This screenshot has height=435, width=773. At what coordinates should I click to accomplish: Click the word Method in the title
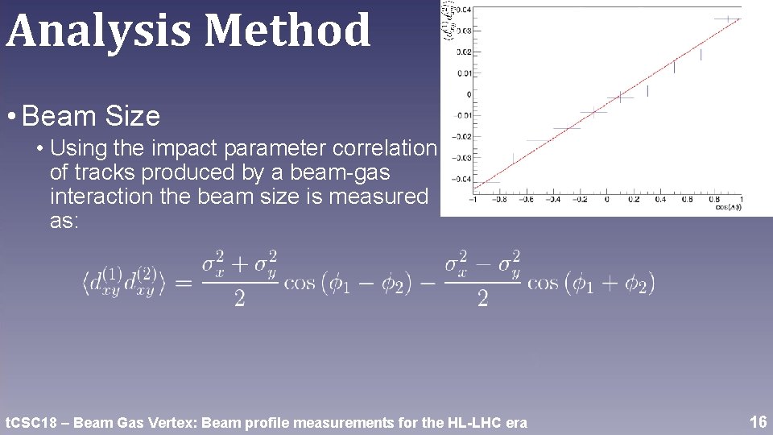click(287, 31)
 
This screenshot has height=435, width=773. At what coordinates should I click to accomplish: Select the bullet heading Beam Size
click(92, 117)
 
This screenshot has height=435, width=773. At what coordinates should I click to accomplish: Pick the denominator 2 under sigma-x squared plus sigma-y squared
click(239, 300)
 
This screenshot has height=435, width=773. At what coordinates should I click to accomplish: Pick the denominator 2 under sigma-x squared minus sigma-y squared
click(482, 300)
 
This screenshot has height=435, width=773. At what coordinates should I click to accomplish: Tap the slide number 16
click(758, 421)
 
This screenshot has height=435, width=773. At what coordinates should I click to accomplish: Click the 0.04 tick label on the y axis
click(465, 10)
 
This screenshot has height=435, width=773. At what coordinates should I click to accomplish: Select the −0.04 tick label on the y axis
click(462, 179)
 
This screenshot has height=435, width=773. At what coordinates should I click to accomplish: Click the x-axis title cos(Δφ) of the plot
click(730, 207)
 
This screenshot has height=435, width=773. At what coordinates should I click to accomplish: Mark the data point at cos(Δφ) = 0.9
click(728, 19)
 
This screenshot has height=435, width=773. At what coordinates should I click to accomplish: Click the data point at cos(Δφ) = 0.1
click(620, 97)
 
